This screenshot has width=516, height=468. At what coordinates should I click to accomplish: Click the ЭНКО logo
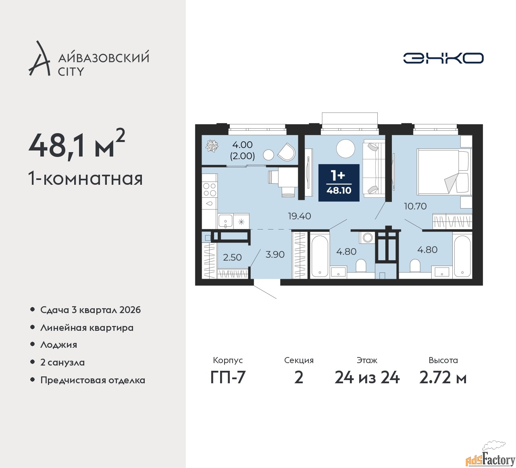coord(443,58)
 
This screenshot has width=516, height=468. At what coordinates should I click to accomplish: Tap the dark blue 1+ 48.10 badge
coord(339,182)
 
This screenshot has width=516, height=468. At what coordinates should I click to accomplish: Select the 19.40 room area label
coord(300,216)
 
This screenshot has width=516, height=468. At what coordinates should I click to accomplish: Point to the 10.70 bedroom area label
coord(415,206)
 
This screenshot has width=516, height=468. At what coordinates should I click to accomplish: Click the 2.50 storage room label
coord(232,257)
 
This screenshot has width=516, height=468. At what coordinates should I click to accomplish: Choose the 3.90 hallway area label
coord(275,254)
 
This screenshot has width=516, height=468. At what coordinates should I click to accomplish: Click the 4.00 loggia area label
coord(242,145)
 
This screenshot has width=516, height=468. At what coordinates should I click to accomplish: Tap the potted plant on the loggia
coord(212,146)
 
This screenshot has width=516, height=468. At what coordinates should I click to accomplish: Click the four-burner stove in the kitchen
coord(210,189)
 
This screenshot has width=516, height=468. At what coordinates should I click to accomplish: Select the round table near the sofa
coord(346,148)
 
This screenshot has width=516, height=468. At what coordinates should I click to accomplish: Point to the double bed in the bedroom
coord(444,171)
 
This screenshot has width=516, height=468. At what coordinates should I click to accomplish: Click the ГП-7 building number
coord(228,378)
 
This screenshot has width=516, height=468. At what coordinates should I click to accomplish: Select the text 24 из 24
coord(367,378)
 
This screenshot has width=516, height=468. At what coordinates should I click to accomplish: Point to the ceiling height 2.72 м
coord(443,378)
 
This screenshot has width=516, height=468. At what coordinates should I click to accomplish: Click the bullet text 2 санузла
coord(62,362)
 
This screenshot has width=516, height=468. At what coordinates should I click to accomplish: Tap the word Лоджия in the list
coord(58,345)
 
